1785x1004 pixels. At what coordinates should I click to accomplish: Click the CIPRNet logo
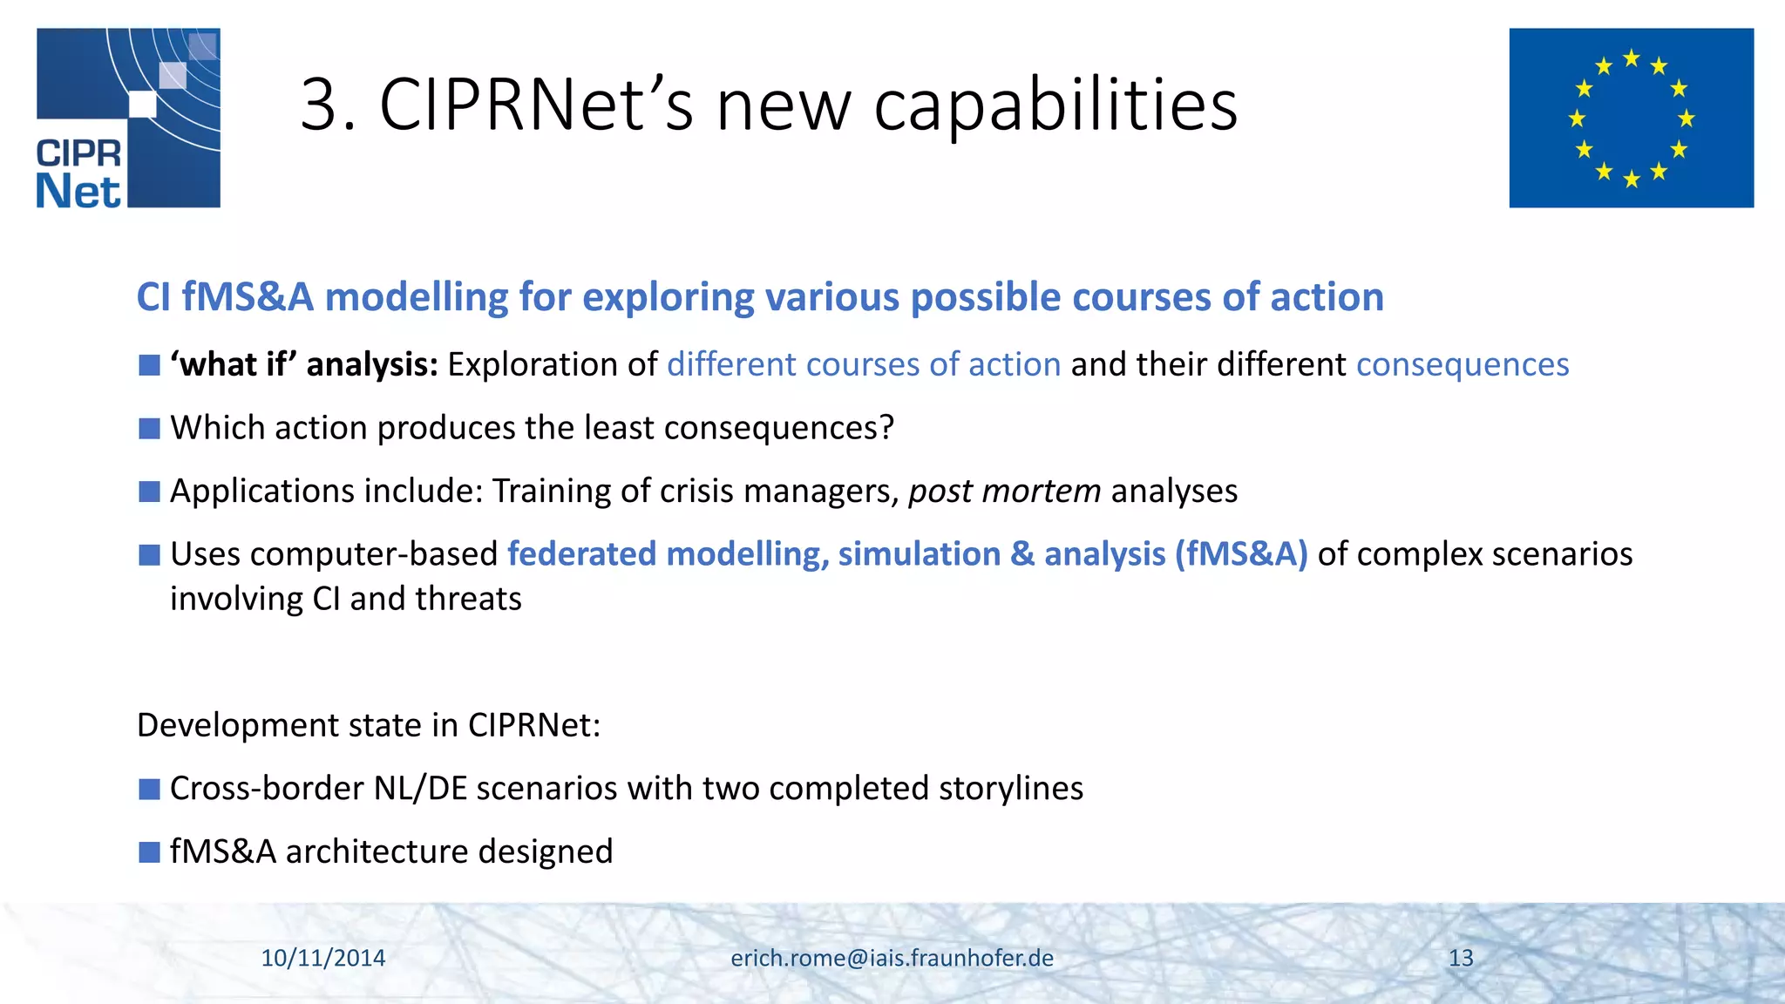pyautogui.click(x=128, y=118)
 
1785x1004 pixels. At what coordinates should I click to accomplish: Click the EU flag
pyautogui.click(x=1631, y=118)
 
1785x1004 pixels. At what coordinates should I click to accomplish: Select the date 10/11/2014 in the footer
pyautogui.click(x=323, y=958)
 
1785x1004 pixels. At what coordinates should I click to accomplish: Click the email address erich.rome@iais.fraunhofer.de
pyautogui.click(x=892, y=958)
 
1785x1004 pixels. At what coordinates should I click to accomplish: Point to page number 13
pyautogui.click(x=1461, y=958)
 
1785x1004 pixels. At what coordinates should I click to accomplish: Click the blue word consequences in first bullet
pyautogui.click(x=1462, y=364)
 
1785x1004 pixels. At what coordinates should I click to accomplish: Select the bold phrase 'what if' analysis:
pyautogui.click(x=304, y=364)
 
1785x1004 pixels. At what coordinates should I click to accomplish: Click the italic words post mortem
pyautogui.click(x=1004, y=492)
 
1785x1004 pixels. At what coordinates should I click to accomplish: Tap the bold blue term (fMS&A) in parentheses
pyautogui.click(x=1241, y=554)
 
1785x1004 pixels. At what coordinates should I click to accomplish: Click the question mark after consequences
pyautogui.click(x=886, y=428)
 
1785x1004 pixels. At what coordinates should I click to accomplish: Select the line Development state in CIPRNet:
pyautogui.click(x=369, y=725)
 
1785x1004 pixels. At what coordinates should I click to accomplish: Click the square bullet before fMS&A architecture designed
pyautogui.click(x=149, y=851)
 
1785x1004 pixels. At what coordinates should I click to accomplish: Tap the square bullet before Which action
pyautogui.click(x=149, y=428)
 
